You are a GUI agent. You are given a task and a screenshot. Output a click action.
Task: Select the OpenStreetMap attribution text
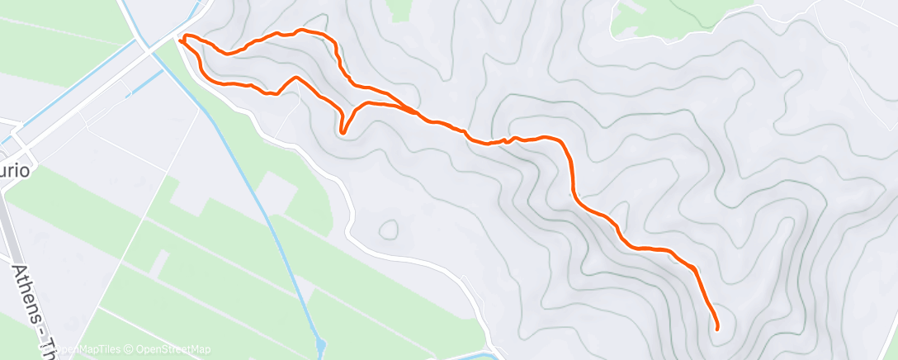coord(177,349)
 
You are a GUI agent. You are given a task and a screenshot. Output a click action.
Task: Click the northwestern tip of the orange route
coord(180,37)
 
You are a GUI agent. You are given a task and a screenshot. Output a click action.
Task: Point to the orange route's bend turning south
coord(565,145)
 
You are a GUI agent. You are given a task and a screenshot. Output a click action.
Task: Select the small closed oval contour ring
coord(387,229)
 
